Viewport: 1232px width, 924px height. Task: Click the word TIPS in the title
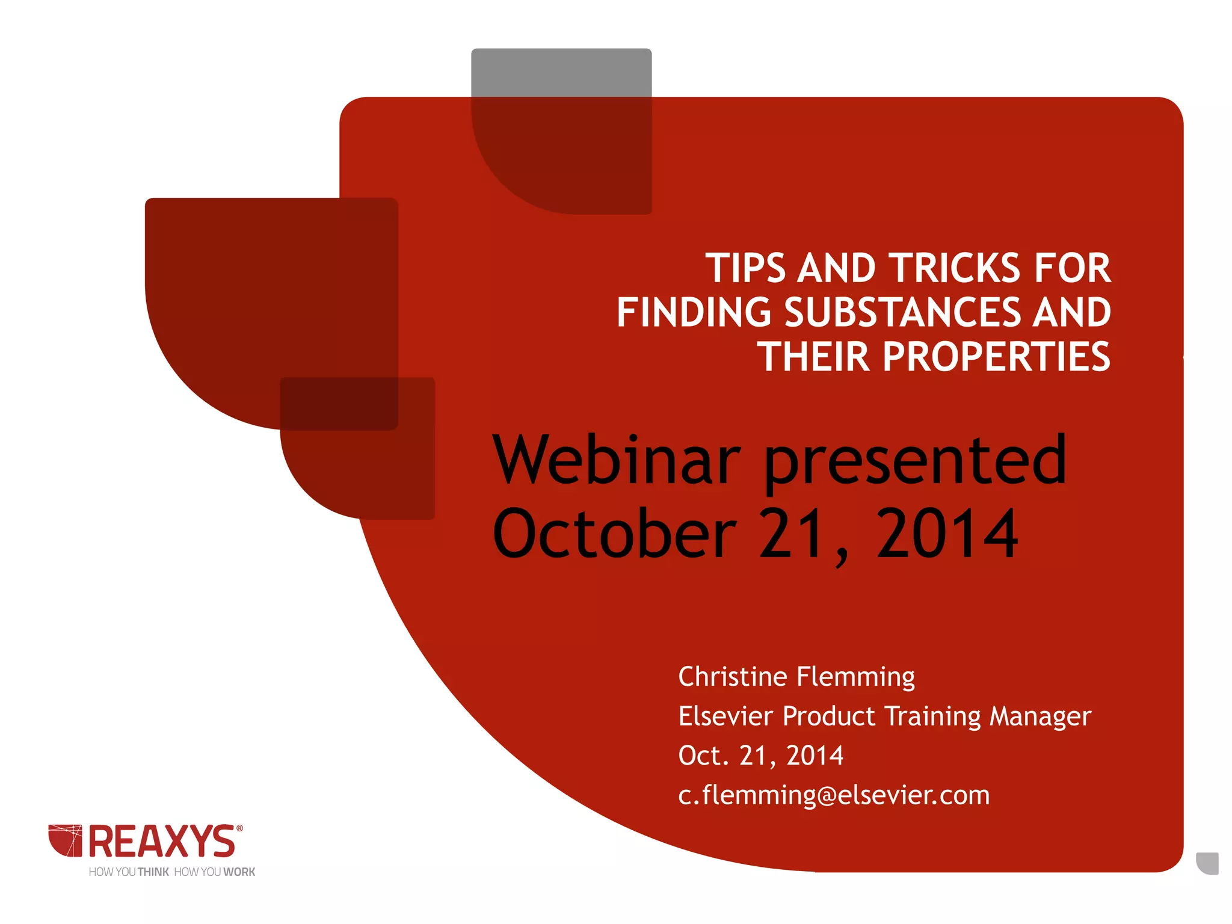tap(745, 268)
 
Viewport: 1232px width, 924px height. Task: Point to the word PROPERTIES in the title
tap(996, 357)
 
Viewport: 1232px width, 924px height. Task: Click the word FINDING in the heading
tap(694, 313)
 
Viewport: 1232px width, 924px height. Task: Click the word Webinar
tap(617, 461)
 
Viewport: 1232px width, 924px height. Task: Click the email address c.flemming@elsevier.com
tap(834, 795)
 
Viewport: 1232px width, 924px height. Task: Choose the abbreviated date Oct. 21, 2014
tap(761, 756)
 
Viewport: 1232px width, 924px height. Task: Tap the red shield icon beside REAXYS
tap(65, 840)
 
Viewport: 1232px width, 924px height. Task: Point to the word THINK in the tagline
tap(153, 872)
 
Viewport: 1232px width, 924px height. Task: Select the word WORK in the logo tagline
tap(239, 872)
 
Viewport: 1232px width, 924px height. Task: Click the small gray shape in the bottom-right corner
tap(1209, 863)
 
